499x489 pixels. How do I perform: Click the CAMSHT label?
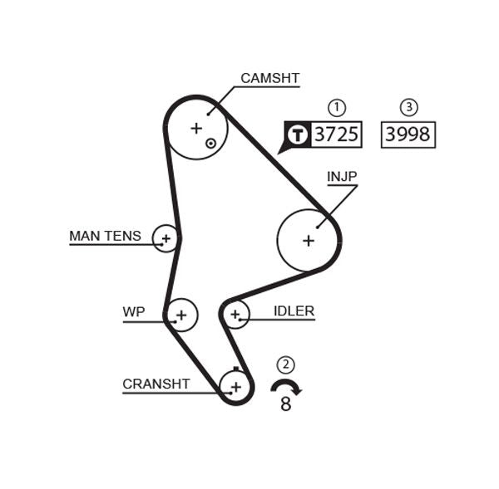pyautogui.click(x=269, y=79)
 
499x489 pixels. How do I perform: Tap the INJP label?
pyautogui.click(x=342, y=177)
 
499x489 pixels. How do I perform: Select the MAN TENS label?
pyautogui.click(x=105, y=237)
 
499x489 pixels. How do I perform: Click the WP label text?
pyautogui.click(x=134, y=312)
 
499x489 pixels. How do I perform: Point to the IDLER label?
pyautogui.click(x=294, y=312)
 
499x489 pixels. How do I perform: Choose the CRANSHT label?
pyautogui.click(x=156, y=384)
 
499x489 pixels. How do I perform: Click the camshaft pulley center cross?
pyautogui.click(x=196, y=128)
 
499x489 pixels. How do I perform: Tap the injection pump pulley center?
pyautogui.click(x=309, y=241)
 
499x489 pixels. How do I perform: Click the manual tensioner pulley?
pyautogui.click(x=166, y=239)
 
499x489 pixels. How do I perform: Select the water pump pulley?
pyautogui.click(x=182, y=315)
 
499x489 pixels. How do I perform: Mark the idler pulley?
pyautogui.click(x=235, y=314)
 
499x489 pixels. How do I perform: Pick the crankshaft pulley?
pyautogui.click(x=236, y=386)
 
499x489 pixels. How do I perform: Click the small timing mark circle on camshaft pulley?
pyautogui.click(x=211, y=143)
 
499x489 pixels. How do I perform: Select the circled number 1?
pyautogui.click(x=337, y=107)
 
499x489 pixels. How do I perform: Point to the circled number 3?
pyautogui.click(x=408, y=107)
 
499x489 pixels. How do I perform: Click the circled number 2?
pyautogui.click(x=286, y=364)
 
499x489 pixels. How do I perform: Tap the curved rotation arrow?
pyautogui.click(x=286, y=385)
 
